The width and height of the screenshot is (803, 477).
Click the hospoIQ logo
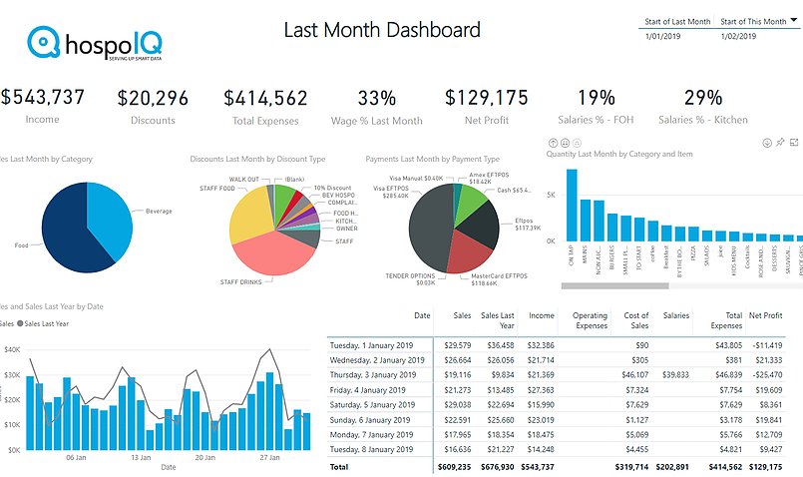(96, 45)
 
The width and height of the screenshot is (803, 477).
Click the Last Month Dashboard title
(382, 30)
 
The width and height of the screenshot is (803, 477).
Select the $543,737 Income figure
(42, 98)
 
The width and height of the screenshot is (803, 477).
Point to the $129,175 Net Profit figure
(487, 98)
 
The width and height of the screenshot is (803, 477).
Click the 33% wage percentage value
(377, 98)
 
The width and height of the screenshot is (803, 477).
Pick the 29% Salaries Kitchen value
(703, 98)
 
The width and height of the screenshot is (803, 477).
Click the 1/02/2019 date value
(738, 36)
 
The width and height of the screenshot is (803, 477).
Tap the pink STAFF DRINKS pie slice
(277, 254)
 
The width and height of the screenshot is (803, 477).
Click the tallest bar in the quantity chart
(572, 206)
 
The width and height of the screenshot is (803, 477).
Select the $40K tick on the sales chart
(12, 349)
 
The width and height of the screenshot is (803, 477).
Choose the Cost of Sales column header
(635, 319)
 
